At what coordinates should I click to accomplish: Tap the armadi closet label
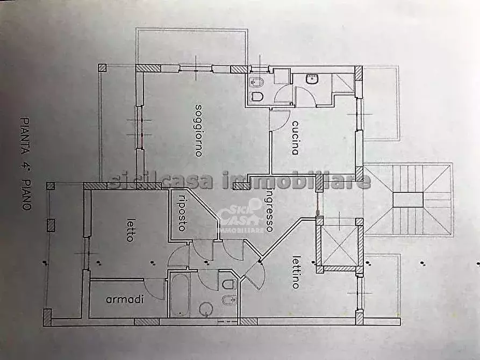click(x=125, y=300)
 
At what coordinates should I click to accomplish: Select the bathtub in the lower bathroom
click(x=179, y=295)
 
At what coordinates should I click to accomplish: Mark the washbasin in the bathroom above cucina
click(x=312, y=80)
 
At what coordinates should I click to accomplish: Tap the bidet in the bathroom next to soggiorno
click(x=256, y=82)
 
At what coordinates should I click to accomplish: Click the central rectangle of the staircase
click(x=408, y=199)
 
